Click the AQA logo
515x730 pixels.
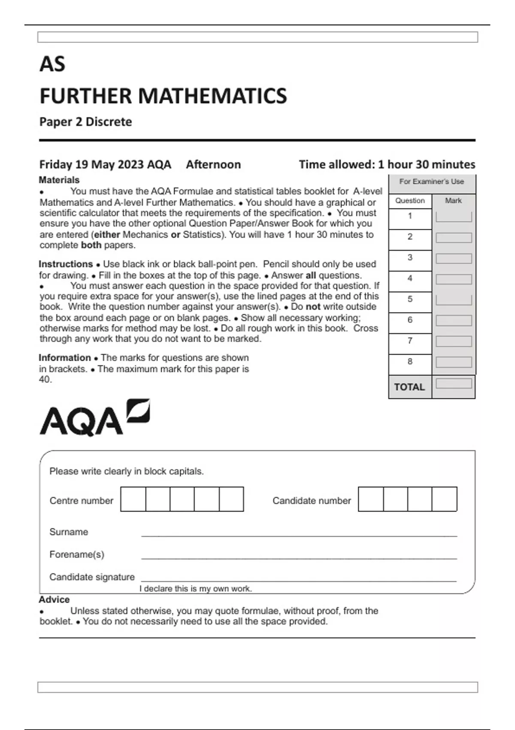(x=94, y=418)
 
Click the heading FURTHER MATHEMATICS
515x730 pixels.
(x=163, y=96)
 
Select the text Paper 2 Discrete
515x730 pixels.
(x=85, y=122)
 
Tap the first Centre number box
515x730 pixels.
(x=133, y=499)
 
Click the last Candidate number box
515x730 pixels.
(x=444, y=499)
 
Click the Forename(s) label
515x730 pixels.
(x=77, y=554)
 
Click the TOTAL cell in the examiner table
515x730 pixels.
(x=409, y=387)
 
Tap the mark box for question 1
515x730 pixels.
(x=454, y=217)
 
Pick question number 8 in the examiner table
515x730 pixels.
(x=410, y=362)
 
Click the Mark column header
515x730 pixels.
(x=453, y=201)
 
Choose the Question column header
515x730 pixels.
(x=410, y=201)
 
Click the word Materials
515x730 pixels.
(x=59, y=180)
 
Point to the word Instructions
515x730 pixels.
(x=66, y=264)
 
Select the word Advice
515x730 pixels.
(x=54, y=599)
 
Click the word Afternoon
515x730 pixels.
(x=213, y=164)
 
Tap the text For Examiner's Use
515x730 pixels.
(x=431, y=182)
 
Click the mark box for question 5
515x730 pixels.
(x=454, y=300)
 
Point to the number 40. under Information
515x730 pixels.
(x=45, y=380)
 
